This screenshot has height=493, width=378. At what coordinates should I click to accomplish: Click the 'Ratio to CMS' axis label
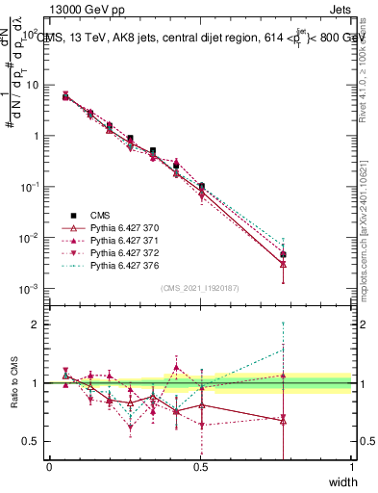(13, 385)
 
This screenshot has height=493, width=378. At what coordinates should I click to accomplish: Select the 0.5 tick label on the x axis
(200, 467)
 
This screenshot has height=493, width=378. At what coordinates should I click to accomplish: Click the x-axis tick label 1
(351, 467)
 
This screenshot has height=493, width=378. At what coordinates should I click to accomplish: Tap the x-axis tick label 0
(49, 467)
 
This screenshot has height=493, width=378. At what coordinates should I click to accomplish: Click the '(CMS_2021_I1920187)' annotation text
(200, 288)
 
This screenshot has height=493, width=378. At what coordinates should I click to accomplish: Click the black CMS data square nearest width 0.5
(201, 186)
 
